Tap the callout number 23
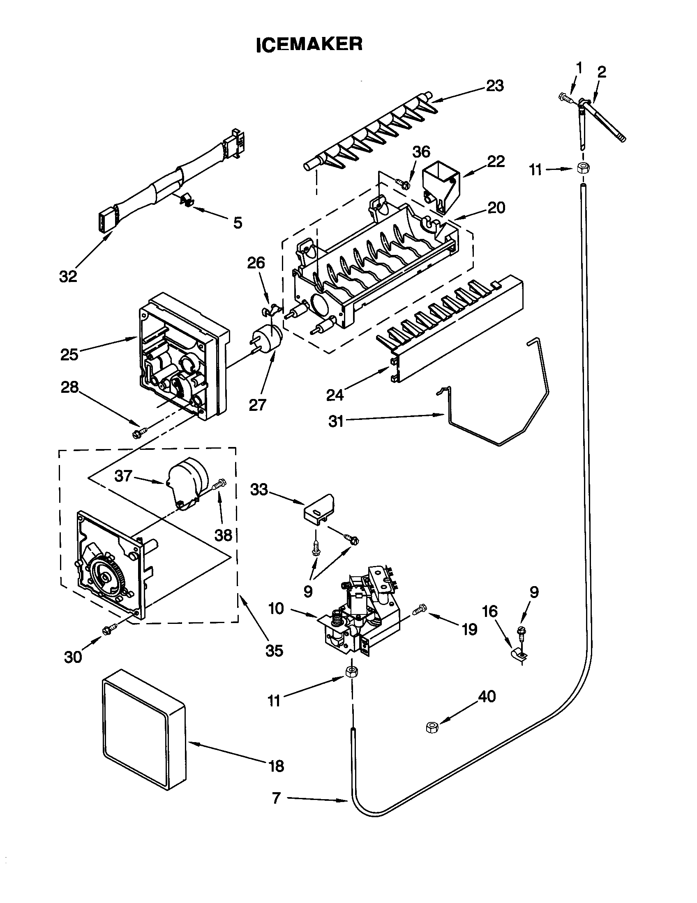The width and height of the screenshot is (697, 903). point(495,86)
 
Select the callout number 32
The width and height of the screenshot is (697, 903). point(68,276)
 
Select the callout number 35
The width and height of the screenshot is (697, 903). point(274,651)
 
